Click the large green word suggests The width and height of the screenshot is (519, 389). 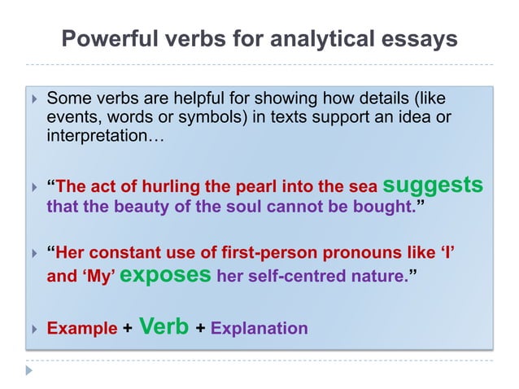(433, 185)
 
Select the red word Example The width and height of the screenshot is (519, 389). (82, 329)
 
